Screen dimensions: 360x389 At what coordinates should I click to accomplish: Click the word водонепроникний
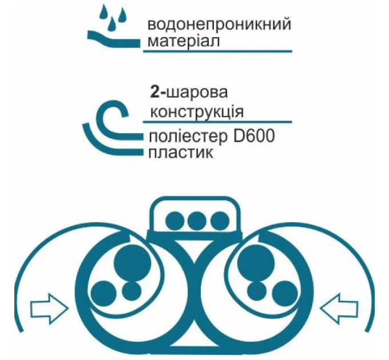(x=219, y=26)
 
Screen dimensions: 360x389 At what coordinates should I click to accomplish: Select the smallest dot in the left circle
(x=132, y=290)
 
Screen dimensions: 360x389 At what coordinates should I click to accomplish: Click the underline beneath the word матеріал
(x=217, y=52)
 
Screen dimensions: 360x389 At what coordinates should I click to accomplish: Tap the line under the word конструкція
(x=217, y=121)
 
